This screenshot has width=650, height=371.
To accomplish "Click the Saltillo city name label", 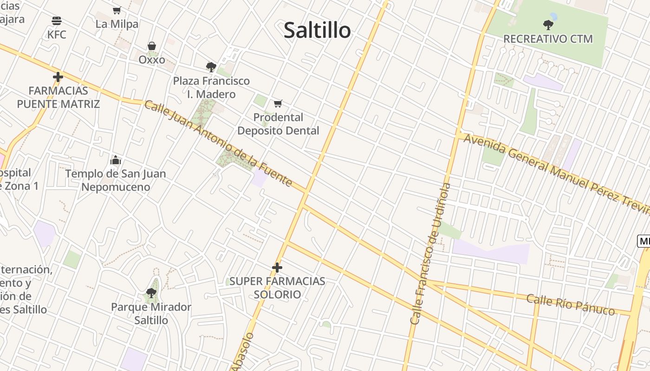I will [x=317, y=31].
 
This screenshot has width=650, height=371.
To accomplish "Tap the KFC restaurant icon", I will [x=57, y=21].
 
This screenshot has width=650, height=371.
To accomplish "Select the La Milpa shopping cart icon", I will [x=117, y=10].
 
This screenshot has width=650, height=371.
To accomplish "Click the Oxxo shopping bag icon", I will [x=152, y=46].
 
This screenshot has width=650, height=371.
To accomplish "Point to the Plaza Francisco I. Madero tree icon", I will [x=211, y=67].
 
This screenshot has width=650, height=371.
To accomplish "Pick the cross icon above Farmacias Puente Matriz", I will [x=58, y=77].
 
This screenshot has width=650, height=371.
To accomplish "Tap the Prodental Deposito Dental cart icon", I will [x=278, y=103].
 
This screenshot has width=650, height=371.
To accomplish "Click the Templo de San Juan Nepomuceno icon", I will [x=116, y=160].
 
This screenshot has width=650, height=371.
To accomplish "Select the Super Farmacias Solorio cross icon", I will [x=277, y=268].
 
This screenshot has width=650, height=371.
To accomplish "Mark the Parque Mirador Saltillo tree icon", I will [x=151, y=293].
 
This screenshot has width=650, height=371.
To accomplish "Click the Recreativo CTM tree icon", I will [x=548, y=25].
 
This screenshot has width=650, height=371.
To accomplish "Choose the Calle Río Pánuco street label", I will [x=571, y=304].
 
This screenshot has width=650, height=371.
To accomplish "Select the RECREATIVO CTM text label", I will [x=548, y=39].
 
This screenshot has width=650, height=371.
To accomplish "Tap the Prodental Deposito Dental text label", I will [x=278, y=124].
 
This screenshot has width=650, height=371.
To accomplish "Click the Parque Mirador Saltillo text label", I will [x=151, y=313].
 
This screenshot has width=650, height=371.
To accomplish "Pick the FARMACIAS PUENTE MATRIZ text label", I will [x=58, y=97].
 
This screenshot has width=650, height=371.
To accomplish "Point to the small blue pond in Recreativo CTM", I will [x=553, y=16].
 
